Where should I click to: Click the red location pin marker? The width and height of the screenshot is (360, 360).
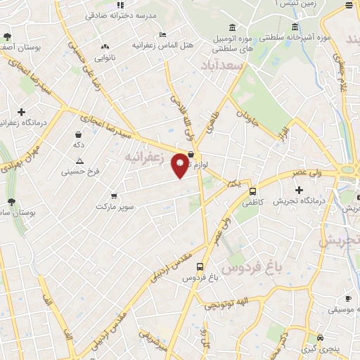click(181, 165)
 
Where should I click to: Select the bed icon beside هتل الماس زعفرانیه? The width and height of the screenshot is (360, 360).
click(163, 34)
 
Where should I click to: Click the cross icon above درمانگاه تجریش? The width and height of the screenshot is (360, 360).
click(300, 190)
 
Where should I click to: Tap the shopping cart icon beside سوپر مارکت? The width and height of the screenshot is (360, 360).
click(114, 198)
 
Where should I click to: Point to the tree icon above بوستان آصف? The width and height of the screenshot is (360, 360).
click(8, 37)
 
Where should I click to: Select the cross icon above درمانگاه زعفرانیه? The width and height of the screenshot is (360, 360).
click(22, 112)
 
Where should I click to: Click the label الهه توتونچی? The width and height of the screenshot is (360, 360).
click(227, 304)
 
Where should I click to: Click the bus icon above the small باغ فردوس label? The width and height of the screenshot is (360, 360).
click(200, 267)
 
